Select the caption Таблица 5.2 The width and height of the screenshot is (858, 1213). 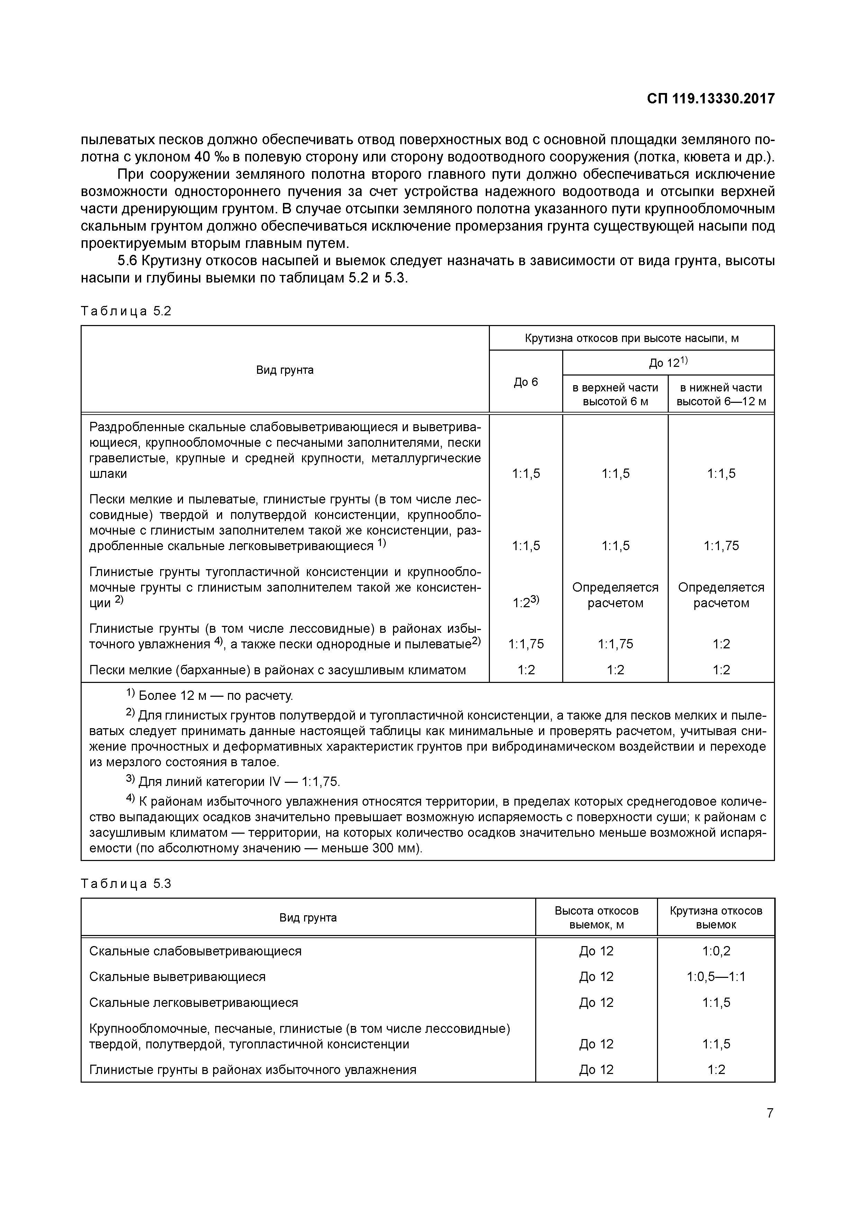pyautogui.click(x=126, y=311)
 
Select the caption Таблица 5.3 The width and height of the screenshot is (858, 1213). pyautogui.click(x=126, y=884)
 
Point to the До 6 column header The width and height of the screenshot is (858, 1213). pyautogui.click(x=526, y=381)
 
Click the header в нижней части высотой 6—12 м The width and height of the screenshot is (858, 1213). pyautogui.click(x=721, y=394)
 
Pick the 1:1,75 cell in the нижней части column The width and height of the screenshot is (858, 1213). pyautogui.click(x=721, y=546)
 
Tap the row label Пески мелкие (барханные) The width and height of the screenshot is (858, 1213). pyautogui.click(x=277, y=670)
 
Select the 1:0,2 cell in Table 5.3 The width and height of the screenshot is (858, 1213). pyautogui.click(x=716, y=951)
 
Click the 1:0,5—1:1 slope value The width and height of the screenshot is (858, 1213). pyautogui.click(x=716, y=977)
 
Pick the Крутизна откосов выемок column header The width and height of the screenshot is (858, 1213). pyautogui.click(x=716, y=918)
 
